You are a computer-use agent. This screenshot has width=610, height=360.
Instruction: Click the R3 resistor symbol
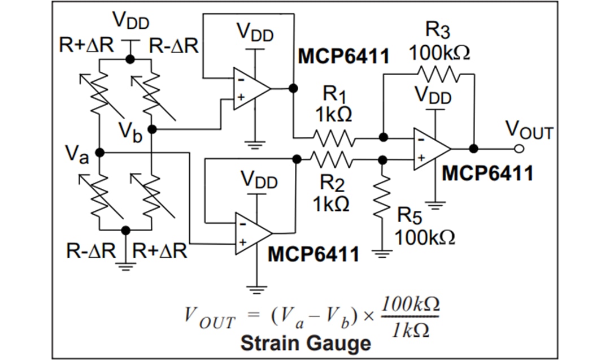(438, 73)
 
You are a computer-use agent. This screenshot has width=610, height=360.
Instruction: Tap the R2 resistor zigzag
(332, 160)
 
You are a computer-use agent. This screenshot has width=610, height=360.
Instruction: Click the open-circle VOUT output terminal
(519, 149)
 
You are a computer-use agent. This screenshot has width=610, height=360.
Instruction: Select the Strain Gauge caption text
(306, 342)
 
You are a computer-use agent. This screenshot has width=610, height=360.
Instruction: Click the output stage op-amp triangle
(430, 149)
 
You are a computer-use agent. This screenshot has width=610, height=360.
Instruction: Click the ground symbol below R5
(383, 253)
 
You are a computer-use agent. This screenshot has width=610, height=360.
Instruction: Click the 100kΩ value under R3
(439, 53)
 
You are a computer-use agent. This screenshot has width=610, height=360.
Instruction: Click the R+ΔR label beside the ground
(160, 250)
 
